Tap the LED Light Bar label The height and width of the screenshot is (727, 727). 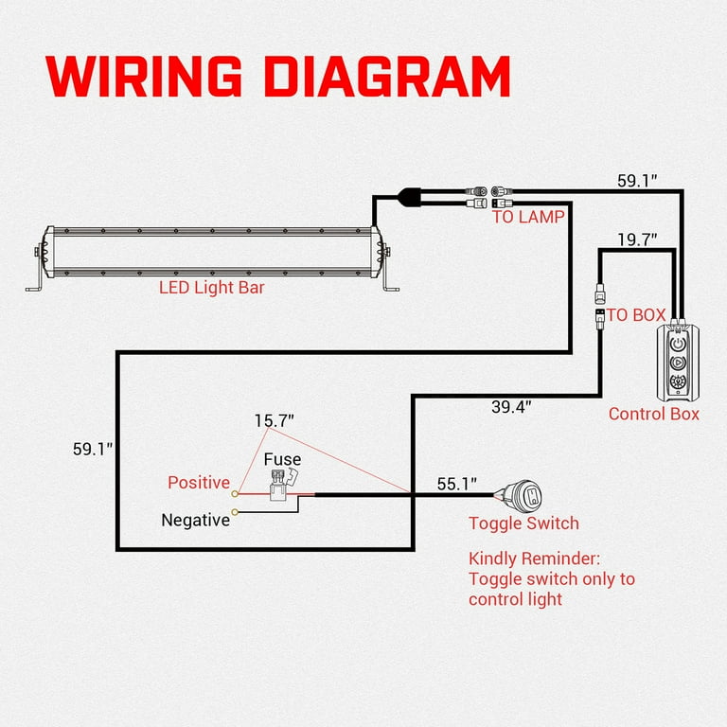click(x=211, y=287)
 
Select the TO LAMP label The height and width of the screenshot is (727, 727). click(x=528, y=217)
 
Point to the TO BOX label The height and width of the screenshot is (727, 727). click(x=636, y=315)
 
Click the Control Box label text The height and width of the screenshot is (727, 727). click(x=654, y=414)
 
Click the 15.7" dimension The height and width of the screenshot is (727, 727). click(x=275, y=419)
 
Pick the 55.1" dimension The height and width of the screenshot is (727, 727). click(x=458, y=484)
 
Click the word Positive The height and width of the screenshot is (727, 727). click(x=199, y=483)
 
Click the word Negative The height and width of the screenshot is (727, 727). click(x=195, y=520)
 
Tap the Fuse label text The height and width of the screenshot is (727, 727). click(x=282, y=460)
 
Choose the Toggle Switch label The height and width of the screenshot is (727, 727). click(x=523, y=523)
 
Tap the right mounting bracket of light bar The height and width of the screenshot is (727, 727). click(x=389, y=279)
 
